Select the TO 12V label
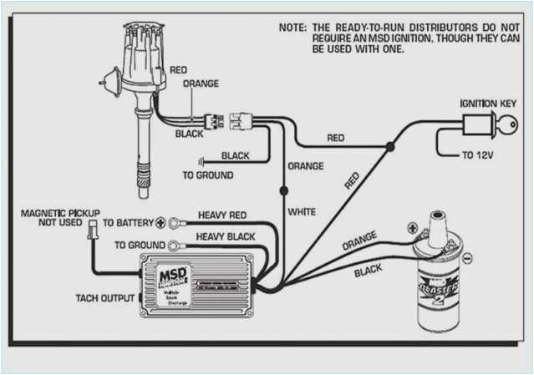click(483, 155)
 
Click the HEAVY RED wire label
click(221, 215)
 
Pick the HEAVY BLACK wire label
click(225, 237)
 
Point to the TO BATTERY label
click(128, 223)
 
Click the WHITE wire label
click(302, 212)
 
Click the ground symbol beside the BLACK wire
click(201, 160)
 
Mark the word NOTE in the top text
click(292, 28)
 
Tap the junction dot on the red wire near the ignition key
click(389, 147)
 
